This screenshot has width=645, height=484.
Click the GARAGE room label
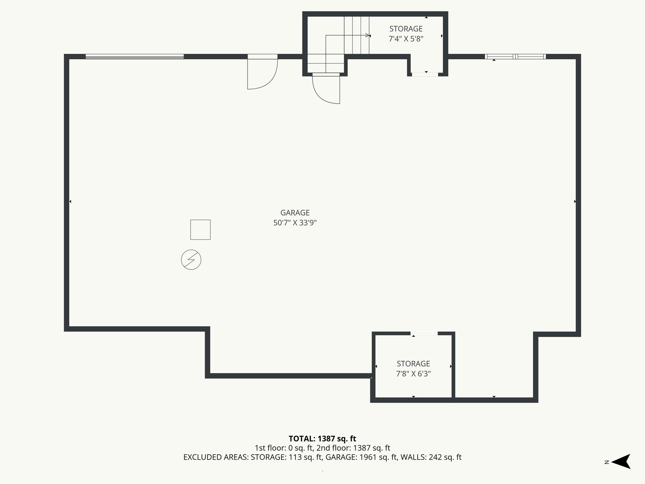point(295,213)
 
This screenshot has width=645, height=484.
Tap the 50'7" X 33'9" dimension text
point(295,223)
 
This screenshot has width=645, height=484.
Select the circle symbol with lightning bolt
point(191,260)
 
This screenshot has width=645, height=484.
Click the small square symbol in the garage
point(200,230)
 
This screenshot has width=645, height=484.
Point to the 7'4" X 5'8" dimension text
point(406,39)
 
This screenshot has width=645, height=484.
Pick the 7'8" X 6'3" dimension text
point(413,374)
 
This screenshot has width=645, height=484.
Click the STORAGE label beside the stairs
point(406,29)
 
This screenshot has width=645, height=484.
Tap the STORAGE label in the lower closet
point(413,364)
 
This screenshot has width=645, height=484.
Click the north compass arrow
point(621,462)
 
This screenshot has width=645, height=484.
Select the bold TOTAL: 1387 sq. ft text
point(322,439)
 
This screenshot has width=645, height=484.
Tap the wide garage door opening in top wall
point(134,57)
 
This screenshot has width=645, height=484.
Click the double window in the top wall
point(515,57)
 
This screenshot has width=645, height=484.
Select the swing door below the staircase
point(326,89)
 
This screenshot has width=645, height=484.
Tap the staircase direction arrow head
point(367,35)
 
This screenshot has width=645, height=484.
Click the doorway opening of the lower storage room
point(424,333)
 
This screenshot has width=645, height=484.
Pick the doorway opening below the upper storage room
point(425,74)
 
